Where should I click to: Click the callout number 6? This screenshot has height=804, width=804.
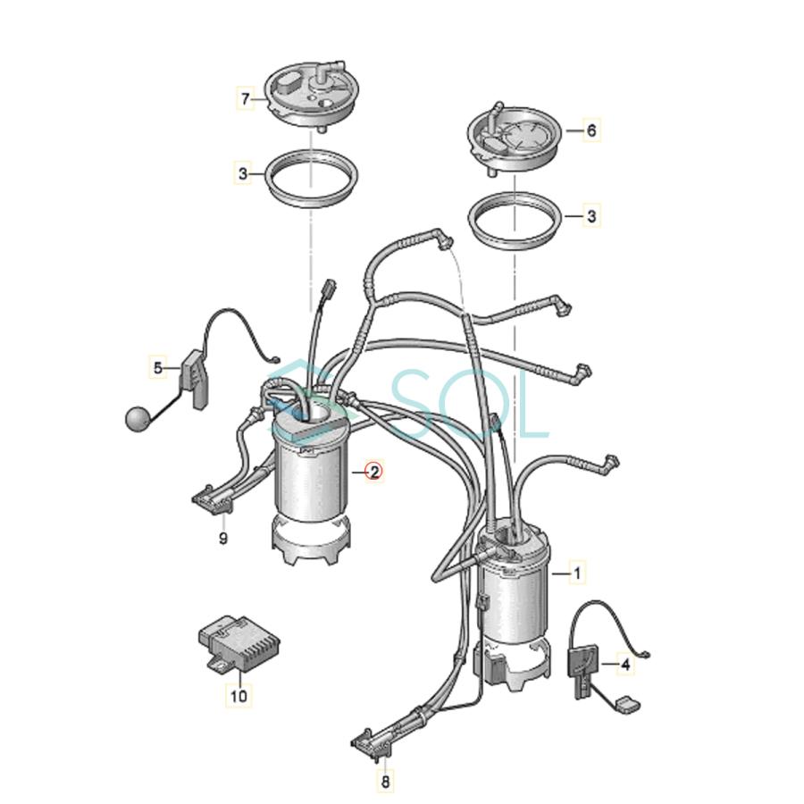click(x=590, y=130)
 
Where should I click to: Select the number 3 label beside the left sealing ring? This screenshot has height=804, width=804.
click(x=244, y=173)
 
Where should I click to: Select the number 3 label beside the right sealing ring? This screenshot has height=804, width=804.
click(x=590, y=215)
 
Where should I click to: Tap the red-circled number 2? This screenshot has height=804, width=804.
click(x=373, y=472)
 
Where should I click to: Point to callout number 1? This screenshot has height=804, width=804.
click(x=577, y=573)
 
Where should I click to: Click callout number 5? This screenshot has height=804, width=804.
click(x=158, y=366)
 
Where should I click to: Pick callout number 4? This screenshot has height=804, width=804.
click(x=625, y=665)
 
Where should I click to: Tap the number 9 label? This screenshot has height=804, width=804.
click(x=223, y=538)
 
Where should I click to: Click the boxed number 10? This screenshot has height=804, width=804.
click(x=238, y=693)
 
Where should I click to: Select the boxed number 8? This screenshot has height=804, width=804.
click(x=385, y=783)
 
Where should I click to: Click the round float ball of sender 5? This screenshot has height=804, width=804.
click(x=136, y=418)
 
